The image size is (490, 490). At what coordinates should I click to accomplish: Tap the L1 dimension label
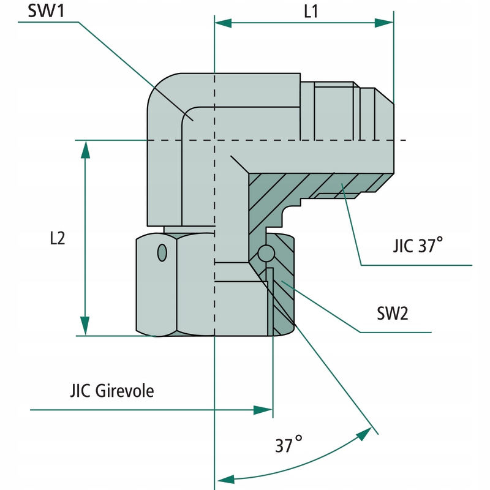coord(310,12)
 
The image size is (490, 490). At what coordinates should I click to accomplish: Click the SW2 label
coord(393,314)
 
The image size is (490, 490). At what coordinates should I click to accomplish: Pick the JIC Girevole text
coord(111,391)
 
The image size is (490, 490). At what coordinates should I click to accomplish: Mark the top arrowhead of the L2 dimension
coord(85,149)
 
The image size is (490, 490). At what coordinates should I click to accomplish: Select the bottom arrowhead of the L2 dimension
coord(85,327)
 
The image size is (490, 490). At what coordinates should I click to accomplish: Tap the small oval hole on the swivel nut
coord(162,252)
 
